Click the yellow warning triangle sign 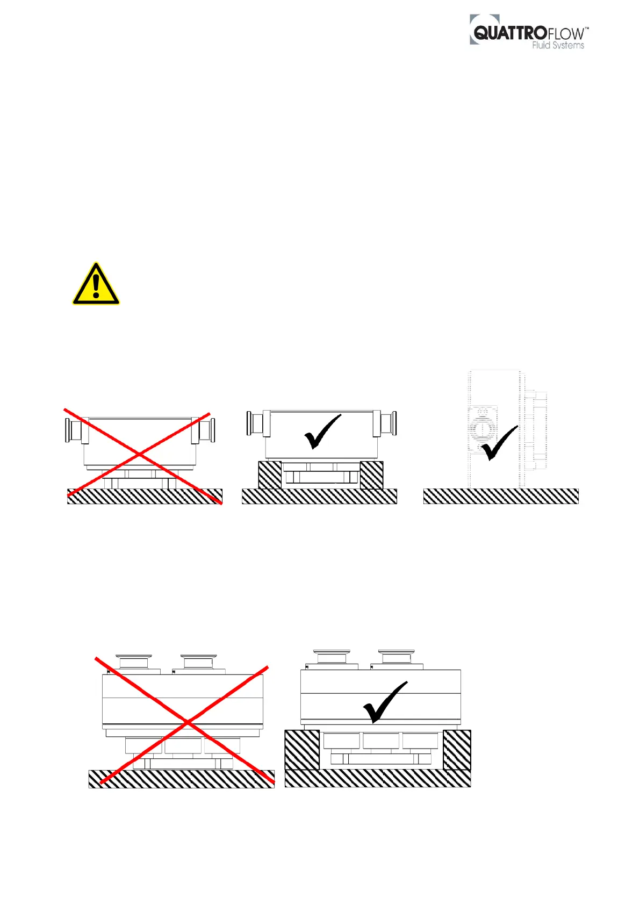pos(96,285)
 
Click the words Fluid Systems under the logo pos(558,46)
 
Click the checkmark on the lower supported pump pos(385,702)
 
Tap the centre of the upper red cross pos(139,455)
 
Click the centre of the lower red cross pos(186,722)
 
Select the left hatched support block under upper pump pos(270,475)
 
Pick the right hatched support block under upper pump pos(371,475)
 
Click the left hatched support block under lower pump pos(301,750)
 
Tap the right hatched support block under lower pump pos(457,750)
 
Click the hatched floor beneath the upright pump pos(501,496)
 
